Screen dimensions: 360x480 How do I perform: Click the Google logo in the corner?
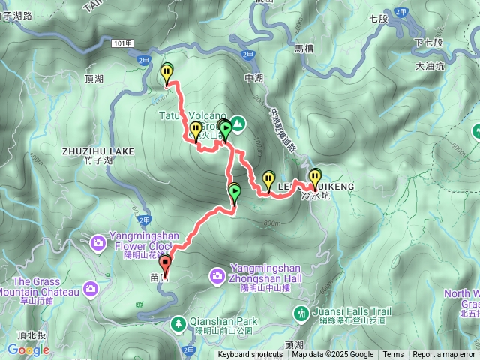click(x=28, y=349)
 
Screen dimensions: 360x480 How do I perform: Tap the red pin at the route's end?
click(x=165, y=263)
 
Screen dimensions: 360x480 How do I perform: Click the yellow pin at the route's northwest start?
click(x=166, y=72)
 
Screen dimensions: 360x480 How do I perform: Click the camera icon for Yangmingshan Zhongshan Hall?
click(x=217, y=276)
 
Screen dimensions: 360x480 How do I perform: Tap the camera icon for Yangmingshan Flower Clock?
click(x=98, y=242)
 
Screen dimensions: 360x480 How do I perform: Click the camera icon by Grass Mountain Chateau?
click(x=91, y=288)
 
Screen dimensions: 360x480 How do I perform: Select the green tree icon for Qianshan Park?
click(x=178, y=323)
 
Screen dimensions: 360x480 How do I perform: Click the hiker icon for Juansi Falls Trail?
click(x=301, y=312)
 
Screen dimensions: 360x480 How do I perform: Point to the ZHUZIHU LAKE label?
click(x=99, y=151)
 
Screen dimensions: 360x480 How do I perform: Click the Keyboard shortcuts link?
click(x=250, y=355)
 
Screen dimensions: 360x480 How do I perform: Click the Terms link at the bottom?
click(x=393, y=355)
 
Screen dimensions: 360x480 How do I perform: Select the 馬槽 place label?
click(x=303, y=49)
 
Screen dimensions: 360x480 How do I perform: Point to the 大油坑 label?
click(x=430, y=67)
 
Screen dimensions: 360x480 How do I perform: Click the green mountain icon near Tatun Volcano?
click(x=238, y=122)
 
